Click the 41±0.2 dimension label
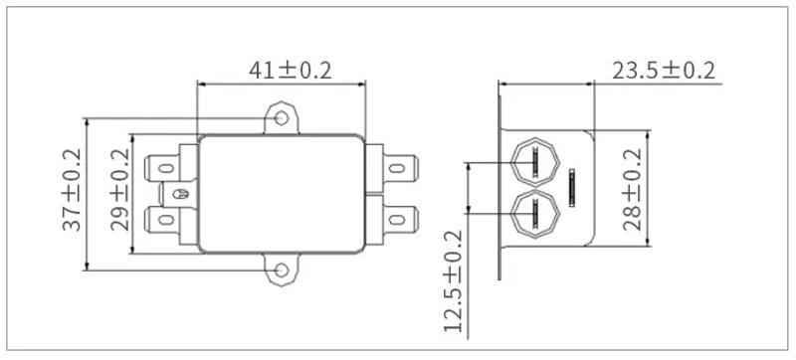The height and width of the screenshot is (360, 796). (x=289, y=71)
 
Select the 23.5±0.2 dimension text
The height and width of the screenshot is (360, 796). (x=663, y=71)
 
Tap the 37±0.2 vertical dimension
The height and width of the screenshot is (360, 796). (x=72, y=191)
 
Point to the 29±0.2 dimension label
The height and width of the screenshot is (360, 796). (x=119, y=191)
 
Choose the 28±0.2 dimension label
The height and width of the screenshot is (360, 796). (x=633, y=188)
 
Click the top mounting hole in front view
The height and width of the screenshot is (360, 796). (x=283, y=120)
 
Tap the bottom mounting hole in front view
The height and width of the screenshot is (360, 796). (x=283, y=268)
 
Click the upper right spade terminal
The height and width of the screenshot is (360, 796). (x=402, y=163)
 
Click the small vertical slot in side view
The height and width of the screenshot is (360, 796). (x=572, y=186)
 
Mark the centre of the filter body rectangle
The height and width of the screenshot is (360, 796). (x=283, y=193)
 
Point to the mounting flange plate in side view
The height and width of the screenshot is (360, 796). (x=499, y=189)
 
